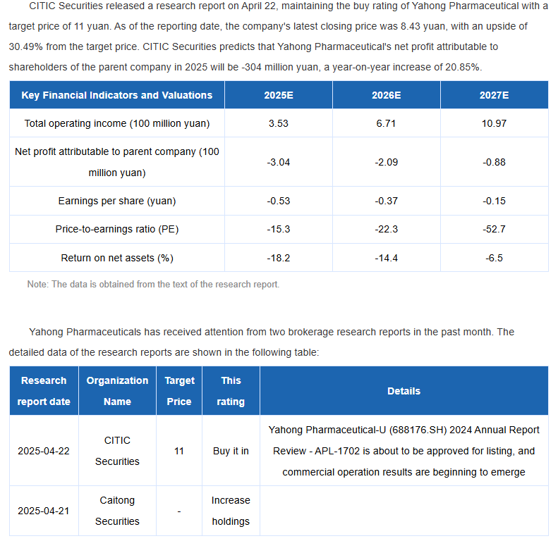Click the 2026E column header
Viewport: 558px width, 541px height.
[386, 95]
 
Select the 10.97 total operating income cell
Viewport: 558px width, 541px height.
[494, 123]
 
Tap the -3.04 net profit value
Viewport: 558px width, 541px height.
[278, 162]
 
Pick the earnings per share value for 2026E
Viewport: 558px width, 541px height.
[386, 201]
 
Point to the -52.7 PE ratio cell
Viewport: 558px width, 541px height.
[494, 229]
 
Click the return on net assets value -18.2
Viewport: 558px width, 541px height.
[278, 258]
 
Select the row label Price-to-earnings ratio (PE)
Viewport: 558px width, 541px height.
[117, 229]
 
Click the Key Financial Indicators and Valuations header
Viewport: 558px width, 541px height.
[117, 95]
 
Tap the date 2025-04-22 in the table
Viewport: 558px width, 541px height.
[44, 451]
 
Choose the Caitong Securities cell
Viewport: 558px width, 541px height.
[117, 511]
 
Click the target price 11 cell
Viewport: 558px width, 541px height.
[179, 451]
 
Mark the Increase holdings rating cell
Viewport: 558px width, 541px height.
[231, 511]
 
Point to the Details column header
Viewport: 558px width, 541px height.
[404, 391]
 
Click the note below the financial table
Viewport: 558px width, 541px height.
[153, 285]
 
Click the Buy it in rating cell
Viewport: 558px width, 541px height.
[231, 451]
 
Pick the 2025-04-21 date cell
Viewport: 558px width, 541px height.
[44, 511]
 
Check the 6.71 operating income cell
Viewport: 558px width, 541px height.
[386, 123]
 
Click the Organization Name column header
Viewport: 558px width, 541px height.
[117, 391]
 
